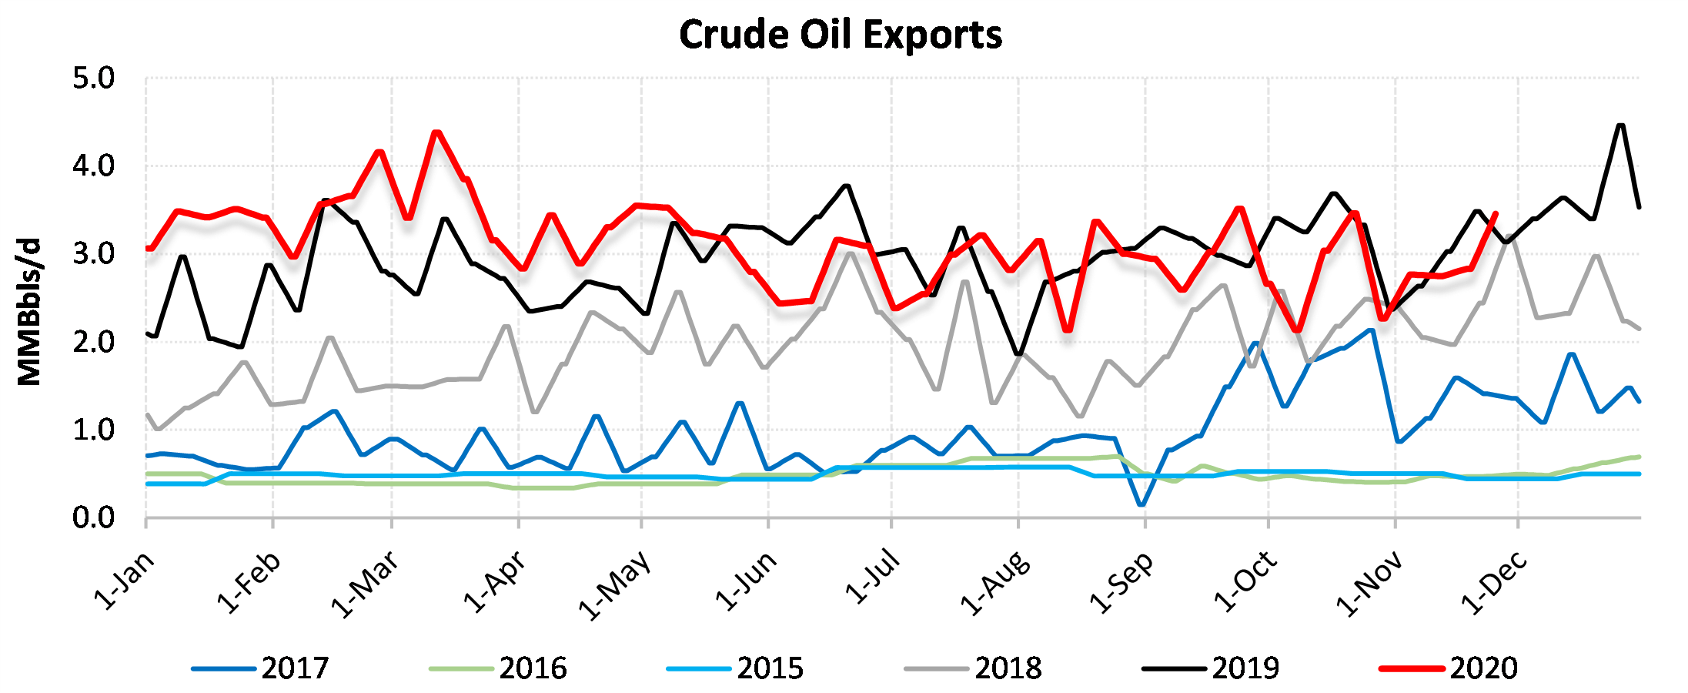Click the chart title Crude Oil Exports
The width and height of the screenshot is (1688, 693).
click(841, 35)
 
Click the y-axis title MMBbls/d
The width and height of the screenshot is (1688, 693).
click(29, 312)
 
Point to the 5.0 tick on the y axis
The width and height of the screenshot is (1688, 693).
click(93, 79)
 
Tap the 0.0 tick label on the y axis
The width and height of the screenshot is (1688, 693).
click(93, 518)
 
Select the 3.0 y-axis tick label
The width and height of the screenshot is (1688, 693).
click(93, 254)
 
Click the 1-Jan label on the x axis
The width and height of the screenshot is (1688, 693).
click(123, 581)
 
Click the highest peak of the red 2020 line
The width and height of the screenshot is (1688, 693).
click(436, 132)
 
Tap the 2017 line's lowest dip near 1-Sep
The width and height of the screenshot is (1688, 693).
click(1141, 505)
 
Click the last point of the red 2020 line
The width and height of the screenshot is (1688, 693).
click(1495, 213)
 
